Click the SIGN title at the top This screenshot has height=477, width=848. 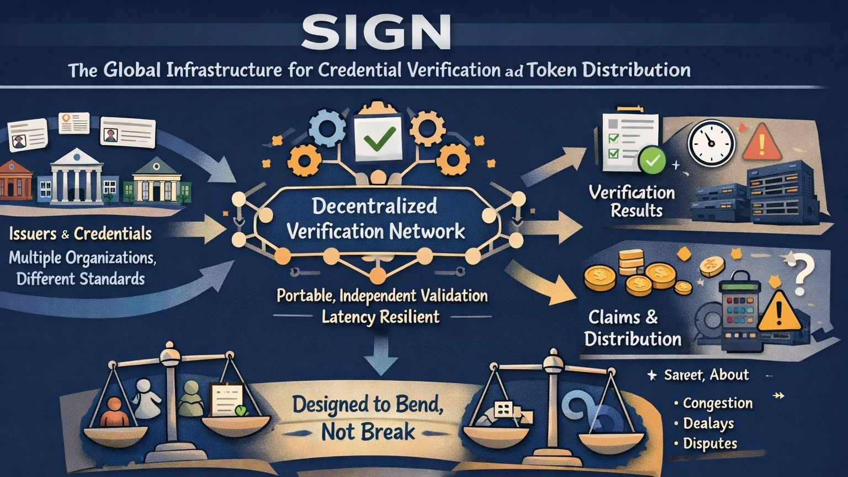click(376, 32)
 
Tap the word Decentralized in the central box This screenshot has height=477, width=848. click(374, 206)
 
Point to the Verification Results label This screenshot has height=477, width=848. click(632, 201)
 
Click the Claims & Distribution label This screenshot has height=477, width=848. click(632, 328)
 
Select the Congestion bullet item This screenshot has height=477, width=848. click(717, 403)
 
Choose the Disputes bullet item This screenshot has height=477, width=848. click(709, 443)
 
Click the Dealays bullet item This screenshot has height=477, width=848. click(708, 423)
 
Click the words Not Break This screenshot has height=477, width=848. click(368, 432)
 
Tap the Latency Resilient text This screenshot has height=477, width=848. click(380, 317)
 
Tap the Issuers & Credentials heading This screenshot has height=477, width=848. click(81, 234)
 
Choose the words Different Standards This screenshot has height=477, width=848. click(81, 278)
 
